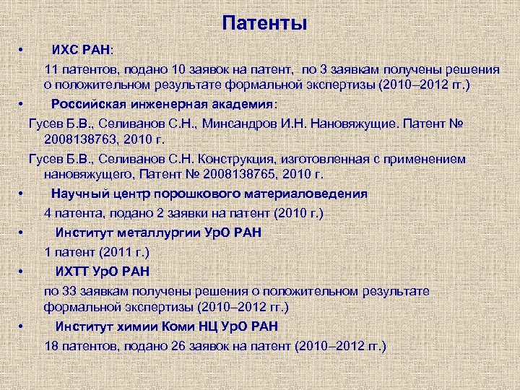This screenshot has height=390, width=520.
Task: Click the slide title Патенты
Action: click(x=264, y=23)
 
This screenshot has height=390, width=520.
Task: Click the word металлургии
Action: click(x=158, y=233)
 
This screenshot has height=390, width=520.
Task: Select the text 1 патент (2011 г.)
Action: click(x=97, y=252)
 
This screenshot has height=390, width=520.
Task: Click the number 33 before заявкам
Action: click(x=72, y=291)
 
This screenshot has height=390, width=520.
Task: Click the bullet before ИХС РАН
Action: click(x=23, y=50)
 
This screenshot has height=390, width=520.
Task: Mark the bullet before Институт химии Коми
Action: click(x=23, y=326)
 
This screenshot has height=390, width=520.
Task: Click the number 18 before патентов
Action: click(x=51, y=346)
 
